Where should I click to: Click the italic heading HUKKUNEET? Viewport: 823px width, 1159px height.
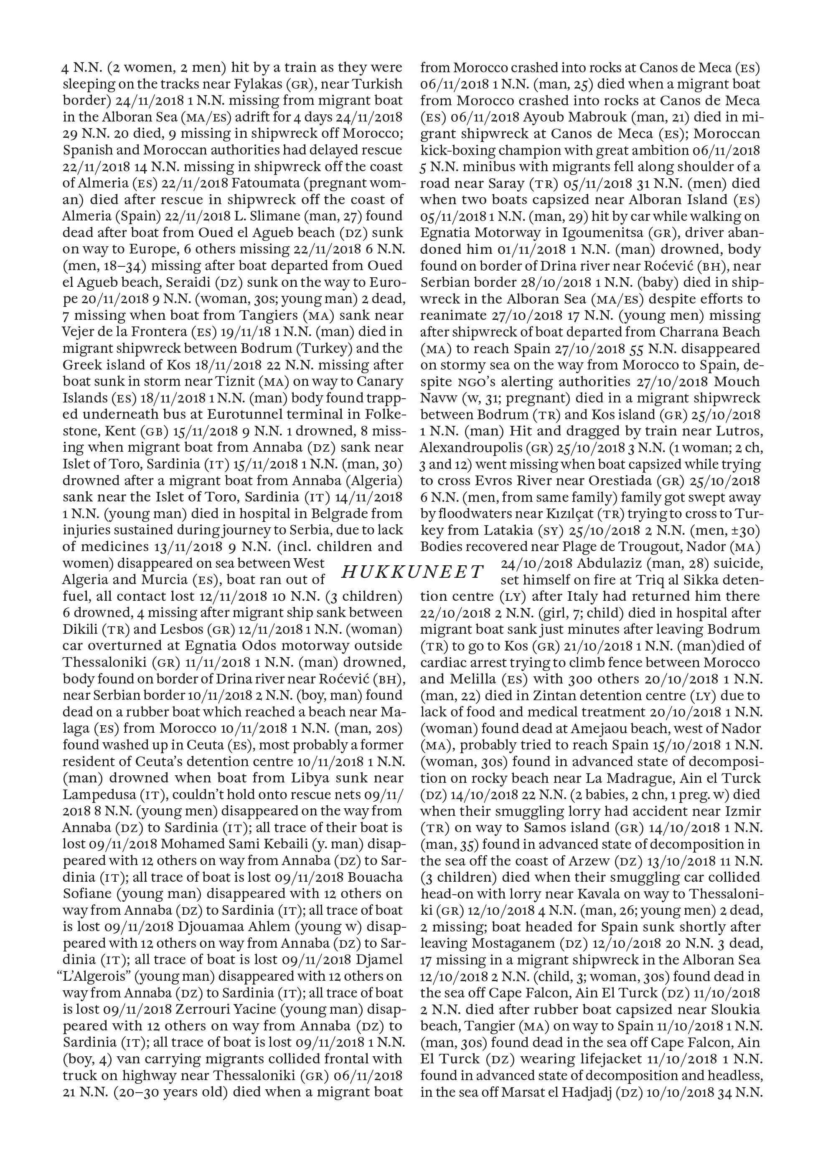412,572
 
